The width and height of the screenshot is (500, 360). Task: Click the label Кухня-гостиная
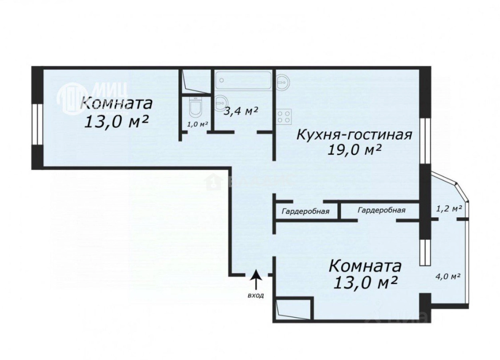353,135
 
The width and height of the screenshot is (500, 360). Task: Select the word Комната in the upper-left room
116,104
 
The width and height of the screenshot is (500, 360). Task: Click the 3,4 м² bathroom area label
240,111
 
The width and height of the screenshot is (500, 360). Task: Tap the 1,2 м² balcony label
449,208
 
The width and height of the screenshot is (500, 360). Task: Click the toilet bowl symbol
195,107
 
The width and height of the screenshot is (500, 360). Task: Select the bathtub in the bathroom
243,80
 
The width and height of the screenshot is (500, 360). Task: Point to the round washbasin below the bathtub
220,102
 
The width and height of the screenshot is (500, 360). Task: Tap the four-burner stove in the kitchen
284,116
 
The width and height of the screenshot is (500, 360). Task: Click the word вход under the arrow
256,295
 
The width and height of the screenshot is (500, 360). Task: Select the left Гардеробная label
305,211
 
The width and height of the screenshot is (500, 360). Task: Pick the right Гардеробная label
382,210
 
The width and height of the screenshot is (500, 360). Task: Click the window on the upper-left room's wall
37,124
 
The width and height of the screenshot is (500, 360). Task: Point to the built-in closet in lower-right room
293,308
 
